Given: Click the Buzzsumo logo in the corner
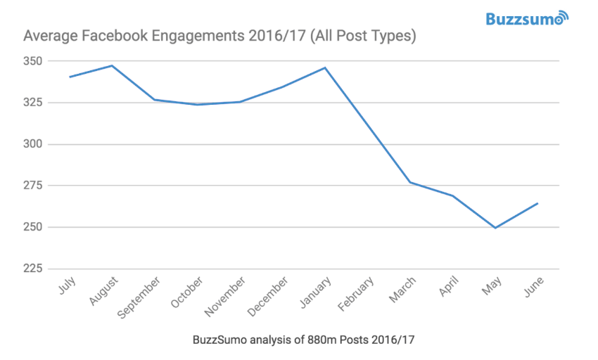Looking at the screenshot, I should (526, 18).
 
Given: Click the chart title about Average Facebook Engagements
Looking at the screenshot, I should (220, 36).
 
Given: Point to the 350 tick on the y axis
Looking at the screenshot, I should (34, 61).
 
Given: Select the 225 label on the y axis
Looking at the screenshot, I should (34, 269).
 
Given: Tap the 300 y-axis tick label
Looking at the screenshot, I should (34, 144).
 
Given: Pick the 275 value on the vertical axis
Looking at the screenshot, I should (34, 186).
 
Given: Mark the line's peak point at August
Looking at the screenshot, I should (113, 65).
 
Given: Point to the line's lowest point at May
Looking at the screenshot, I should (495, 228).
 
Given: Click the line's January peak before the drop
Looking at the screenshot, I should (325, 67).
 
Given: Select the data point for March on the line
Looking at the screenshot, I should (410, 182).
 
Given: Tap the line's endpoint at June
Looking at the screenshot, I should (537, 203).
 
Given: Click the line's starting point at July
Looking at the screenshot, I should (70, 77).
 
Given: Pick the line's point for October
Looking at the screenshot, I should (198, 104).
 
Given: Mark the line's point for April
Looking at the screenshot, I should (452, 195).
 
